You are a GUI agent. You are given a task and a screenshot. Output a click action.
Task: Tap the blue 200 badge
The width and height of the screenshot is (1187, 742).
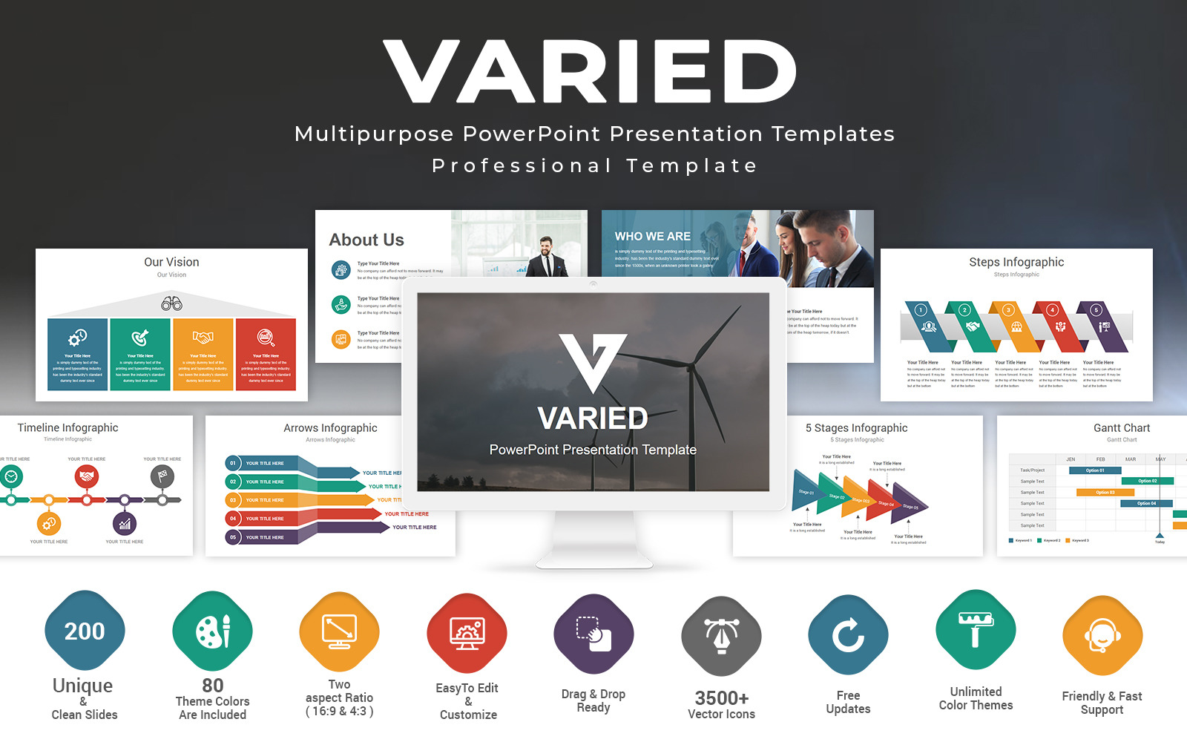(x=85, y=631)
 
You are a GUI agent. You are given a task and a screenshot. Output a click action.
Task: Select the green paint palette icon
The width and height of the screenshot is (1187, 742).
(x=213, y=631)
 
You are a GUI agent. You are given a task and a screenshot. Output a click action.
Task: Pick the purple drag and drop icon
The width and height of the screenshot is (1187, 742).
(x=593, y=634)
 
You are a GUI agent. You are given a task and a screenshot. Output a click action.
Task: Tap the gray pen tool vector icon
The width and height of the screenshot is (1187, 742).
(x=721, y=636)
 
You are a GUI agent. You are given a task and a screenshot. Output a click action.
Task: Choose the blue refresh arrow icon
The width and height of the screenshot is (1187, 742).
(x=848, y=635)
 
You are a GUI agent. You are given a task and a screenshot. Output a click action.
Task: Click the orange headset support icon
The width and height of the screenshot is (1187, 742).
(x=1102, y=635)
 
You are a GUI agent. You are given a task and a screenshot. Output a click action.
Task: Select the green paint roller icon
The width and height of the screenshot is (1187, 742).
(x=976, y=630)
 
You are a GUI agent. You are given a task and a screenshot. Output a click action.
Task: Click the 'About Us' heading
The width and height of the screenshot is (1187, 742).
(x=366, y=240)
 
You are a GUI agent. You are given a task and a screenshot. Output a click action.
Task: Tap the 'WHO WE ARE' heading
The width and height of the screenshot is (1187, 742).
(x=652, y=236)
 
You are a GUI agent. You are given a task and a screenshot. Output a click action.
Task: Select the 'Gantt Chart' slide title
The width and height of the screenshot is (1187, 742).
(x=1121, y=428)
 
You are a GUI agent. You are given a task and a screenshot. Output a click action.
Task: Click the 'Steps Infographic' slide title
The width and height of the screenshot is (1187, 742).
(x=1016, y=262)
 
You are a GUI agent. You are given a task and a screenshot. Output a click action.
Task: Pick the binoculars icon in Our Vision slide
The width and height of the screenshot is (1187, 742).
(x=171, y=303)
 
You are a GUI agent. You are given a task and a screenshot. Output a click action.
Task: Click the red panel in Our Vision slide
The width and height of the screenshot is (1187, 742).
(x=266, y=354)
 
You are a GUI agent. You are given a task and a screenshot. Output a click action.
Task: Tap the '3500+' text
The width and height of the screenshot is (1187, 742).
(x=721, y=698)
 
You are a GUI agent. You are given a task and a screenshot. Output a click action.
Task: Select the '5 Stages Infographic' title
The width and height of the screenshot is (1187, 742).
(x=856, y=428)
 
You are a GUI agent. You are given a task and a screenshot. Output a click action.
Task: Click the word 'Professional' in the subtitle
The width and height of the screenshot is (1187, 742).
(x=521, y=165)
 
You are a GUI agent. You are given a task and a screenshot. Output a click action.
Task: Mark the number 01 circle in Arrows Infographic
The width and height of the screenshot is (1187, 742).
(x=233, y=463)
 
